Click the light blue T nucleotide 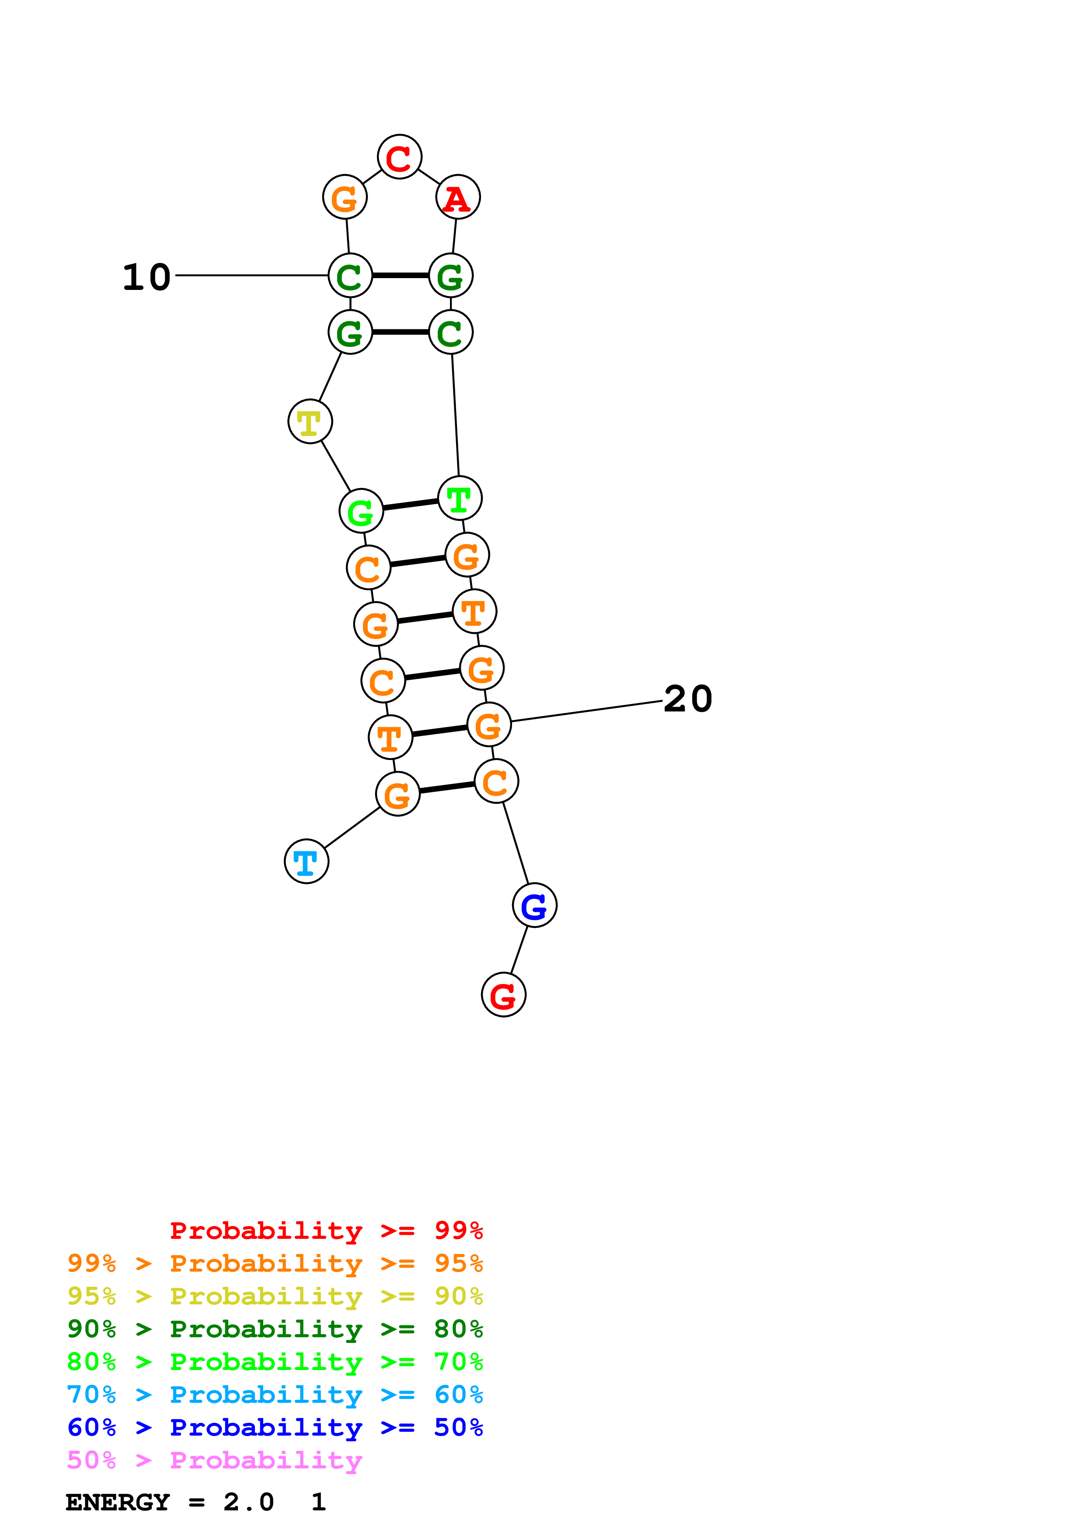click(307, 861)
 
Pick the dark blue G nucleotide click(534, 905)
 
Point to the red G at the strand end click(504, 995)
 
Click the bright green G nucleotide click(361, 511)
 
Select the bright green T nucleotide click(460, 498)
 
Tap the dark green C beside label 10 click(350, 275)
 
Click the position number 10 click(146, 277)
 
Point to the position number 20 click(688, 699)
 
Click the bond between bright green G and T click(410, 505)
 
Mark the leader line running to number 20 click(586, 711)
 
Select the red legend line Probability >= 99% click(326, 1231)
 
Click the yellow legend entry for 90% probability click(275, 1296)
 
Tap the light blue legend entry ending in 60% click(275, 1395)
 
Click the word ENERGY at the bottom click(118, 1503)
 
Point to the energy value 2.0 click(248, 1503)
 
